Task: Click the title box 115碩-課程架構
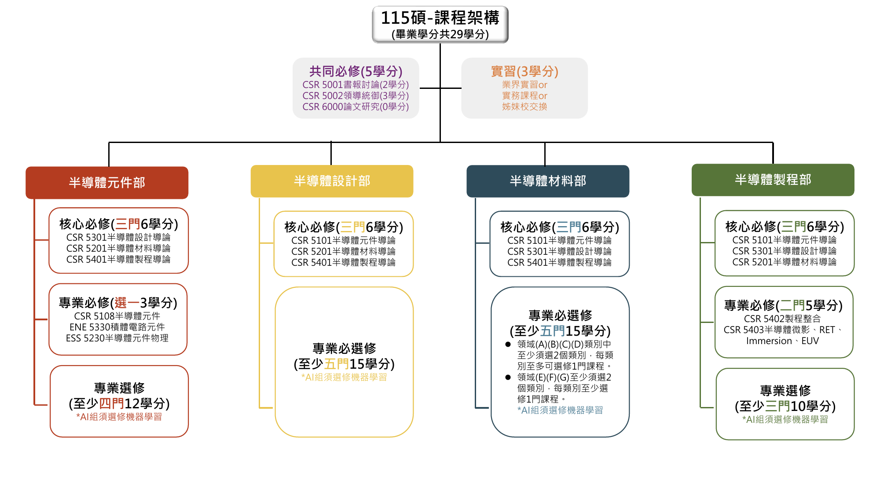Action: (440, 25)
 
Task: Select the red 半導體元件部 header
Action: (107, 183)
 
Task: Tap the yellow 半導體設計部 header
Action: (332, 181)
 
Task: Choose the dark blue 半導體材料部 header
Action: (548, 181)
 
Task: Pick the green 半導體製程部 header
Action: (773, 180)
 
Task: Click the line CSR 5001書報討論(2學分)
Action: (356, 84)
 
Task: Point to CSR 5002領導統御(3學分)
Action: (356, 95)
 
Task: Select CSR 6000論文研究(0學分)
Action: (356, 106)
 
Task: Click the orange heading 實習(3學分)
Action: (524, 71)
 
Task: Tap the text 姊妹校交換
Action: (524, 106)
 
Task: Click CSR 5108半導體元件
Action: (117, 316)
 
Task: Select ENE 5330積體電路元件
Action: (117, 327)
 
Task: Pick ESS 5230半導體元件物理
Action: (117, 338)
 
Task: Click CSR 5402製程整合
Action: (782, 319)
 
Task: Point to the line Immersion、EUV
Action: (782, 341)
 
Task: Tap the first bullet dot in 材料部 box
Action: (508, 345)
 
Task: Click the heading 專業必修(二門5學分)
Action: (783, 305)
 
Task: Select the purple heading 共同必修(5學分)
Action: (356, 71)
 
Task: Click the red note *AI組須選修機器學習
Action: (119, 417)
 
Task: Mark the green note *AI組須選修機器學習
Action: (785, 419)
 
